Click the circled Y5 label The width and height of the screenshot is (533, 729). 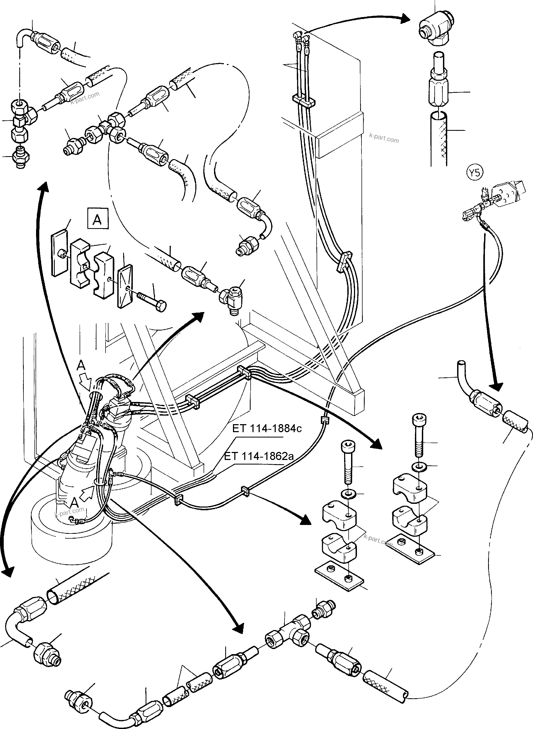tap(474, 173)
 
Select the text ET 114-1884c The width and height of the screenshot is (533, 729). tap(267, 428)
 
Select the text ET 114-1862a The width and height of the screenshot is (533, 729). tap(259, 456)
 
